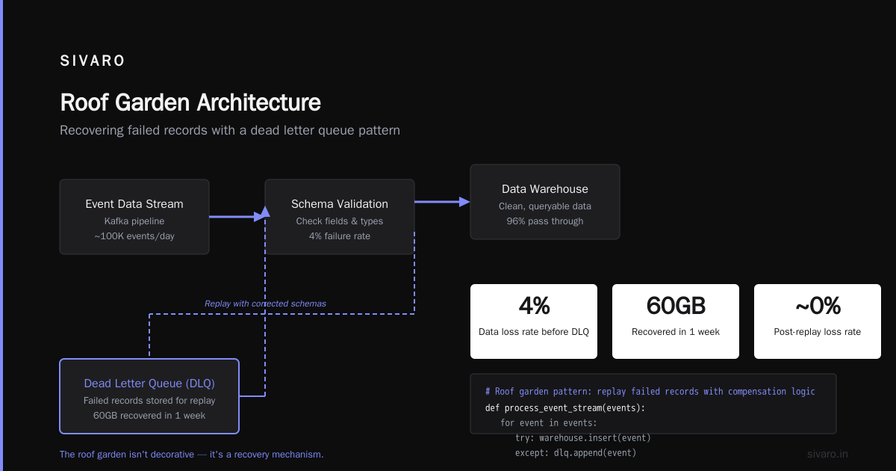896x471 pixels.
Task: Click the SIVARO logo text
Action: click(x=92, y=61)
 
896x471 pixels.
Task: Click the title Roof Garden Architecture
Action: click(x=190, y=102)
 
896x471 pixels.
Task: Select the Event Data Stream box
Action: click(x=134, y=217)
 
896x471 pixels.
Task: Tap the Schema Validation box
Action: click(x=340, y=217)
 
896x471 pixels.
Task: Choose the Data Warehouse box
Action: click(x=545, y=202)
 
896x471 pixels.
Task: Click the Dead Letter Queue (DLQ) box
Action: click(x=149, y=396)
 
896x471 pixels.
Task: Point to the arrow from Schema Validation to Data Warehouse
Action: click(x=442, y=202)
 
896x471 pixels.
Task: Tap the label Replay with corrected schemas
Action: click(x=265, y=304)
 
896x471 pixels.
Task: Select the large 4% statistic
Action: click(x=534, y=306)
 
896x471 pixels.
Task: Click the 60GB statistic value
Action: click(x=676, y=306)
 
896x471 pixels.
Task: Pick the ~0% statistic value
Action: click(x=818, y=306)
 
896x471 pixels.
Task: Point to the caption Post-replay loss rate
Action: click(x=817, y=332)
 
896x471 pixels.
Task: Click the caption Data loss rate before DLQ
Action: click(x=534, y=332)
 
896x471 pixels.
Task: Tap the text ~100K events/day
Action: click(x=134, y=236)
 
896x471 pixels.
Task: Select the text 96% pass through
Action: click(x=545, y=221)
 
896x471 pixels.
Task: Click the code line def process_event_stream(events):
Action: click(x=564, y=408)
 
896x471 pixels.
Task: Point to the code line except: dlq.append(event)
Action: click(x=576, y=453)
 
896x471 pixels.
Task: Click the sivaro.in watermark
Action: click(x=827, y=454)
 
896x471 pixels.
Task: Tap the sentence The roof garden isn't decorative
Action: click(x=127, y=455)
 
